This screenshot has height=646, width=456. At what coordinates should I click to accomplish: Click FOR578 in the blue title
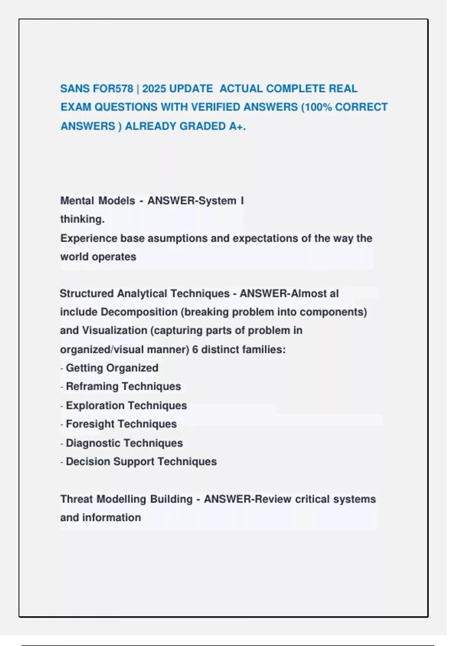pyautogui.click(x=113, y=89)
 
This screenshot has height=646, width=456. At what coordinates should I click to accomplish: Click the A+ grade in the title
pyautogui.click(x=237, y=126)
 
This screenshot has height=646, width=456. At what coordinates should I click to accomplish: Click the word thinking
pyautogui.click(x=82, y=219)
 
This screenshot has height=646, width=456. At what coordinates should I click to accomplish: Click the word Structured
pyautogui.click(x=87, y=293)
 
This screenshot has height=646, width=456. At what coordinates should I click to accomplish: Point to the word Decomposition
pyautogui.click(x=139, y=312)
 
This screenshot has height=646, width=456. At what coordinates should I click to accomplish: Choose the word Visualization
pyautogui.click(x=114, y=331)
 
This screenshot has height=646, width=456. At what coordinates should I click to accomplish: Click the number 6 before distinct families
pyautogui.click(x=195, y=349)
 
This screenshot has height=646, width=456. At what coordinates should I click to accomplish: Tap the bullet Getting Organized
pyautogui.click(x=112, y=368)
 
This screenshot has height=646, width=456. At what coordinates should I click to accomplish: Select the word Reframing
pyautogui.click(x=91, y=386)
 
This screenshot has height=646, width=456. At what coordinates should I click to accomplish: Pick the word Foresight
pyautogui.click(x=90, y=424)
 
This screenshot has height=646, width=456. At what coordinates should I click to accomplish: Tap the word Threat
pyautogui.click(x=76, y=499)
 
